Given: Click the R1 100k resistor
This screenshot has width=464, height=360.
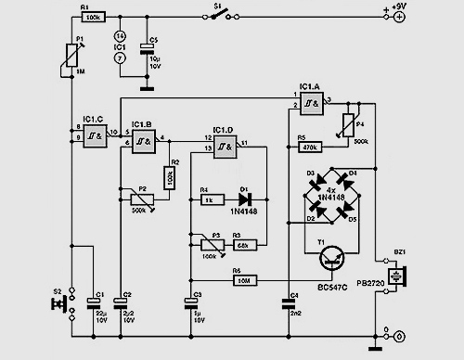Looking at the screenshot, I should pos(94,17).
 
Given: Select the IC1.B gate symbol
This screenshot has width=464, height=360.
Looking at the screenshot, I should pos(143,143).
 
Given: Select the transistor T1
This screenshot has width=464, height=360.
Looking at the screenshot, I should pos(329,262).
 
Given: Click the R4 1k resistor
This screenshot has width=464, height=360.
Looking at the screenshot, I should pos(210,198).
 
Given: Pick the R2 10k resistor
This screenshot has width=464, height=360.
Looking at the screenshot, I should pos(170,176).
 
